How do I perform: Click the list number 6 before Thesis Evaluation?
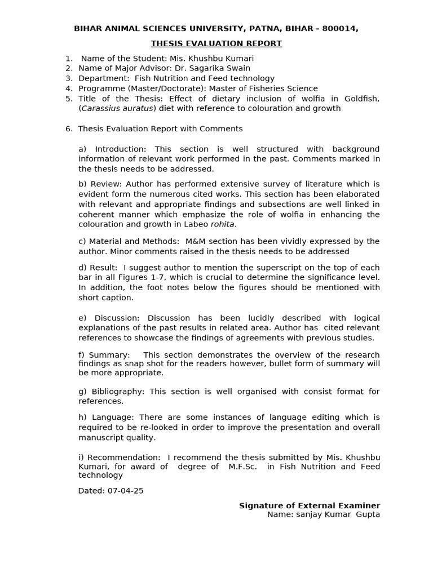[68, 128]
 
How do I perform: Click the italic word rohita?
[222, 224]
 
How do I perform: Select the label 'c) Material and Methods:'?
[126, 241]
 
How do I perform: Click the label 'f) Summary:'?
[104, 354]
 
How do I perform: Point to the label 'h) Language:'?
[106, 417]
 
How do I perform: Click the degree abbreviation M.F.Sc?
[242, 466]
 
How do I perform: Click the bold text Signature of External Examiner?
[310, 505]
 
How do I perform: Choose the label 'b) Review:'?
[100, 184]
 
